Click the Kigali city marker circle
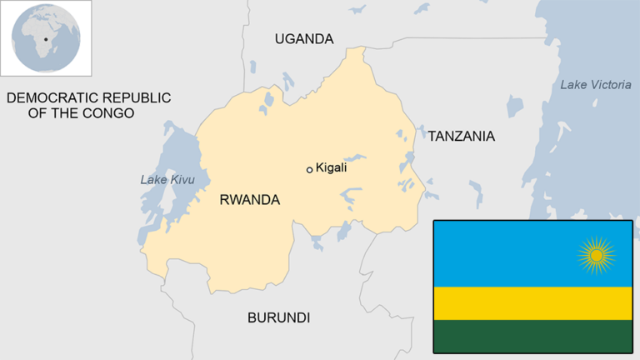[x=310, y=169]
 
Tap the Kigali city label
[x=331, y=167]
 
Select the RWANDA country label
[x=249, y=200]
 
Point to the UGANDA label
[x=304, y=39]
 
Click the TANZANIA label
[x=461, y=136]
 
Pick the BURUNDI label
[x=278, y=317]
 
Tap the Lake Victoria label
[x=596, y=84]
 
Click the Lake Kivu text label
[x=161, y=179]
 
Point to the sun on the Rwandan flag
[x=596, y=255]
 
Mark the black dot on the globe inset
[x=45, y=39]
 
